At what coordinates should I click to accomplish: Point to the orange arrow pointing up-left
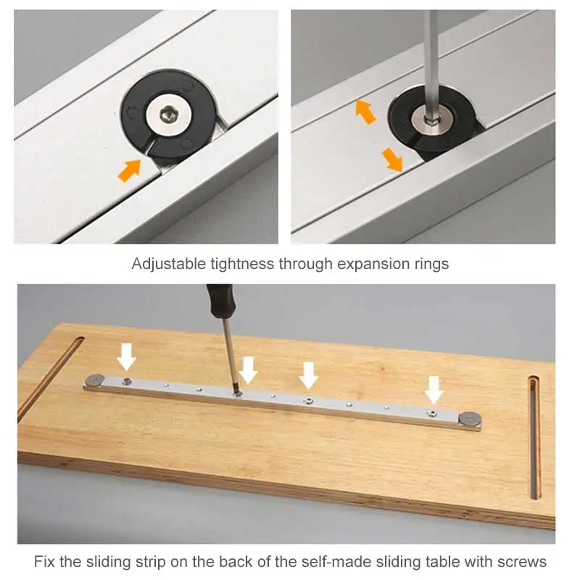pos(365,112)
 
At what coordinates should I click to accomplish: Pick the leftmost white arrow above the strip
pos(128,356)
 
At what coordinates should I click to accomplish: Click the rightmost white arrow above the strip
pos(434,389)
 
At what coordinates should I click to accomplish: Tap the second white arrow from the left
pos(248,370)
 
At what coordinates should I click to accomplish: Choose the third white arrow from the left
pos(309,376)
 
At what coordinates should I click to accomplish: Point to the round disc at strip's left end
pos(96,379)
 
